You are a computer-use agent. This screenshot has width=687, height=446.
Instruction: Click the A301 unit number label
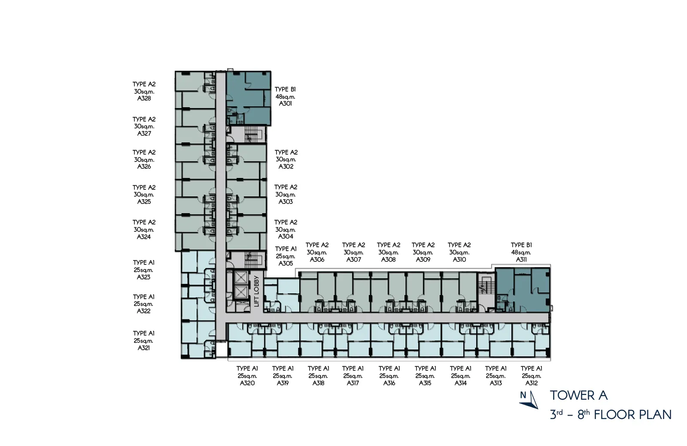point(285,103)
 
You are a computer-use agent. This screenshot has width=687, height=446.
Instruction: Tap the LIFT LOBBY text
point(257,291)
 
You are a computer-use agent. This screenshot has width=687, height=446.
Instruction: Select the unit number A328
point(144,98)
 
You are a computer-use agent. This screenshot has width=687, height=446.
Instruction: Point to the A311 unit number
point(521,260)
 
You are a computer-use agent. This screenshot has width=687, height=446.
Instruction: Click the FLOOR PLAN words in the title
point(633,415)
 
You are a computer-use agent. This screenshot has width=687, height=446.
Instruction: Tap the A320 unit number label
point(247,383)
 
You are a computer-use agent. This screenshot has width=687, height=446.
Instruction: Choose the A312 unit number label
point(532,383)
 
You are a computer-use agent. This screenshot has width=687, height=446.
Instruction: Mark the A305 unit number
point(286,263)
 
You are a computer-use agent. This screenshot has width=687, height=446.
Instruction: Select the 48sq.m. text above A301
point(285,96)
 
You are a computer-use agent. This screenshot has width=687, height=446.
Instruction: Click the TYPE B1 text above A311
point(521,245)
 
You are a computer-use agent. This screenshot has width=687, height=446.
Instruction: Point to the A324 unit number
point(143,237)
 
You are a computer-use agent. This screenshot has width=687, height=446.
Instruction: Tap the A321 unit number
point(143,348)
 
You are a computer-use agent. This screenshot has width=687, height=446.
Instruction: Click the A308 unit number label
point(388,260)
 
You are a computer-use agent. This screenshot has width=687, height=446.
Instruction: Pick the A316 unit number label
point(389,383)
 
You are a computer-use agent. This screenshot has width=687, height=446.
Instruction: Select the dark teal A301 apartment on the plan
point(249,98)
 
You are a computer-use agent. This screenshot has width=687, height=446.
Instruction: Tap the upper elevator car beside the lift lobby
point(241,277)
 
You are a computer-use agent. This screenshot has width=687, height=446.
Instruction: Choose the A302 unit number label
point(286,167)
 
